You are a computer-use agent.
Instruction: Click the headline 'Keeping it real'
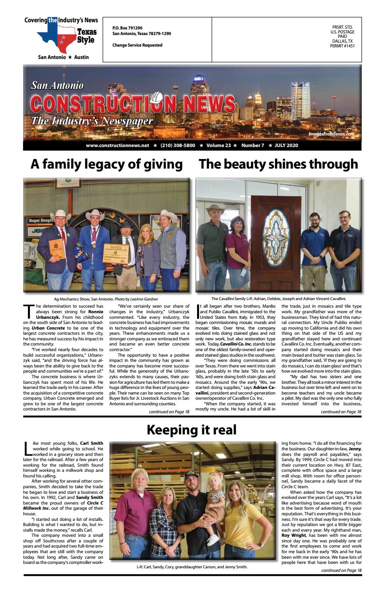[x=192, y=430]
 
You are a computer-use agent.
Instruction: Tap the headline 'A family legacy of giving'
[x=106, y=164]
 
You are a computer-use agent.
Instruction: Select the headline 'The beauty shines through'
[x=278, y=164]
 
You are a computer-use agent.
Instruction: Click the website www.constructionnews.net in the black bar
[x=117, y=145]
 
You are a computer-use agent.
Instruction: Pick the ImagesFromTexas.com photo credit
[x=331, y=134]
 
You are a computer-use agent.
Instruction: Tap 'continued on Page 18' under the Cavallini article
[x=341, y=412]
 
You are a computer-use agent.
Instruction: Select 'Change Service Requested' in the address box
[x=137, y=45]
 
